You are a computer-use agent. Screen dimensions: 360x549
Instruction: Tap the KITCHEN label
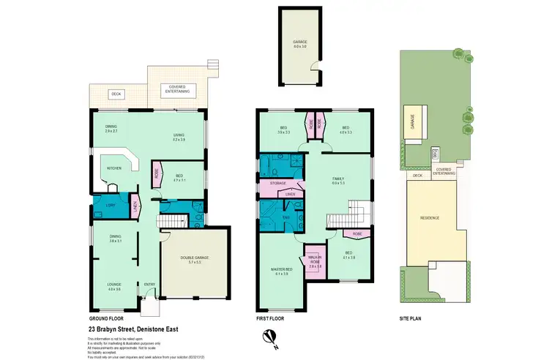click(113, 168)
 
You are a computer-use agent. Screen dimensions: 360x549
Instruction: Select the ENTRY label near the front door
click(149, 284)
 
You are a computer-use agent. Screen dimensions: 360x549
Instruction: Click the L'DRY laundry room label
click(111, 206)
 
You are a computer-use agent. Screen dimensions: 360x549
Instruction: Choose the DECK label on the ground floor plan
click(115, 94)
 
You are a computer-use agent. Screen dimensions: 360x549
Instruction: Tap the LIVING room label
click(178, 135)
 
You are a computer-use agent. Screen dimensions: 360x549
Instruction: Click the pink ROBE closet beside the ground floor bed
click(157, 174)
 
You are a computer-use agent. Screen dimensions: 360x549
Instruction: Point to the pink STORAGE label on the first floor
click(277, 183)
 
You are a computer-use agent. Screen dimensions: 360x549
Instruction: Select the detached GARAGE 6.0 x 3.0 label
click(299, 43)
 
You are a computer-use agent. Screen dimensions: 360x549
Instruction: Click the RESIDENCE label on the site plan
click(430, 217)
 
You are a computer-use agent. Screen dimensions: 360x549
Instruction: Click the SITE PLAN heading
click(411, 319)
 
